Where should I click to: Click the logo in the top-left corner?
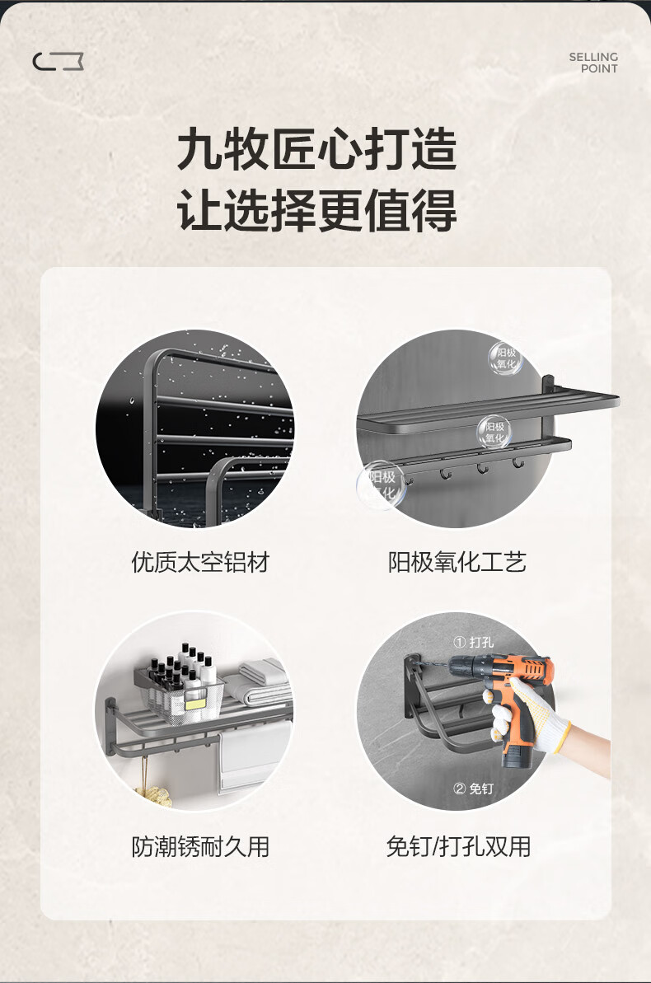coord(58,62)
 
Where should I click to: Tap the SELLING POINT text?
coord(593,63)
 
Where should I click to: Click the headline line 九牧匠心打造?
coord(316,149)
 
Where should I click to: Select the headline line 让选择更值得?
coord(316,211)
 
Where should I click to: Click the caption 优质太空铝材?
coord(200,562)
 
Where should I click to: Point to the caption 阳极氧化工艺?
coord(457,562)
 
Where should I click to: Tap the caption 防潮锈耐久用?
coord(200,846)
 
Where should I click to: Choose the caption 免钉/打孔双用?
coord(458,846)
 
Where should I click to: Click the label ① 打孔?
coord(474,642)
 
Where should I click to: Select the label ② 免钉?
coord(473,788)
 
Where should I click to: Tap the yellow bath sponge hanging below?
coord(153,794)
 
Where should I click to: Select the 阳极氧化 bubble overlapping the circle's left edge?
coord(382,484)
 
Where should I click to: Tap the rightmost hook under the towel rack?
coord(518,463)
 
